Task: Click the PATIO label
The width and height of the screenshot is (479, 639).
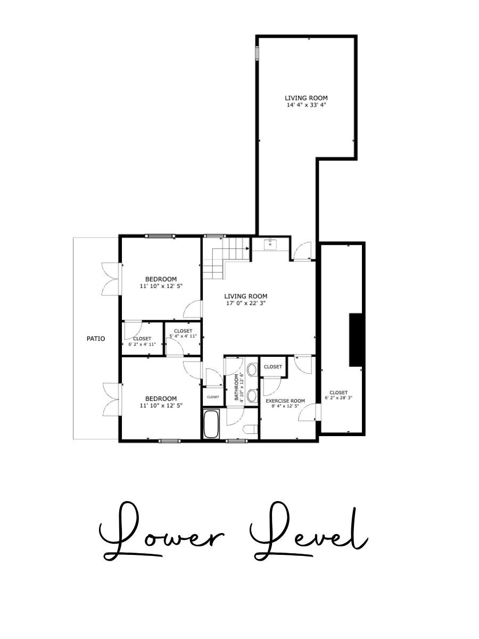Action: (96, 339)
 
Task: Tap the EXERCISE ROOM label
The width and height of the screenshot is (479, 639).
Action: (285, 401)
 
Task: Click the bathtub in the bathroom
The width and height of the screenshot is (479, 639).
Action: (211, 424)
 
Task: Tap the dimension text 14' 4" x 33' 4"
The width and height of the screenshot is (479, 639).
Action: (306, 105)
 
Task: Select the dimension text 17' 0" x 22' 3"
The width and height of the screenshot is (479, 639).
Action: (245, 303)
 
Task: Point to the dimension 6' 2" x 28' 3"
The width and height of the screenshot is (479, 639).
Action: (338, 398)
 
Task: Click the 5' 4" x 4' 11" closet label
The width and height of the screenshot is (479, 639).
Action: (183, 336)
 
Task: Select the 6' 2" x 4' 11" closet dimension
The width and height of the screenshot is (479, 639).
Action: (142, 344)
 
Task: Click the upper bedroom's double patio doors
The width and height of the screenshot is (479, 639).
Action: (112, 278)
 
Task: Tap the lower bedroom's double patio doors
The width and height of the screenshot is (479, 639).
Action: (112, 399)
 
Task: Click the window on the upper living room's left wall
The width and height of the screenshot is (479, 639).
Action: (257, 53)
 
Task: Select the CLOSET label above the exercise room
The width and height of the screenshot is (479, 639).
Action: (273, 367)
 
